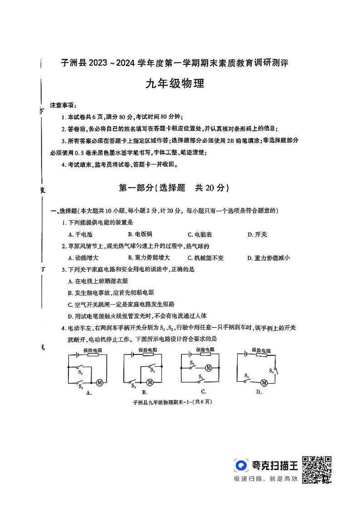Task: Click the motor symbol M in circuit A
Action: pos(99,383)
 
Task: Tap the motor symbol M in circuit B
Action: pos(149,383)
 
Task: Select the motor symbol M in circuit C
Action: pos(209,368)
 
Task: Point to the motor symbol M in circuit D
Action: pos(264,383)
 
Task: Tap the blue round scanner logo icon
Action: pos(241,465)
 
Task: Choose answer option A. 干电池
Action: pos(80,234)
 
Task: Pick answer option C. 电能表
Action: pos(199,234)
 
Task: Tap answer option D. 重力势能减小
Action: pos(268,257)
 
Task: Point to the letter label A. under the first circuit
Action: pos(89,393)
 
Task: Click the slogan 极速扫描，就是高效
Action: pos(265,479)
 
